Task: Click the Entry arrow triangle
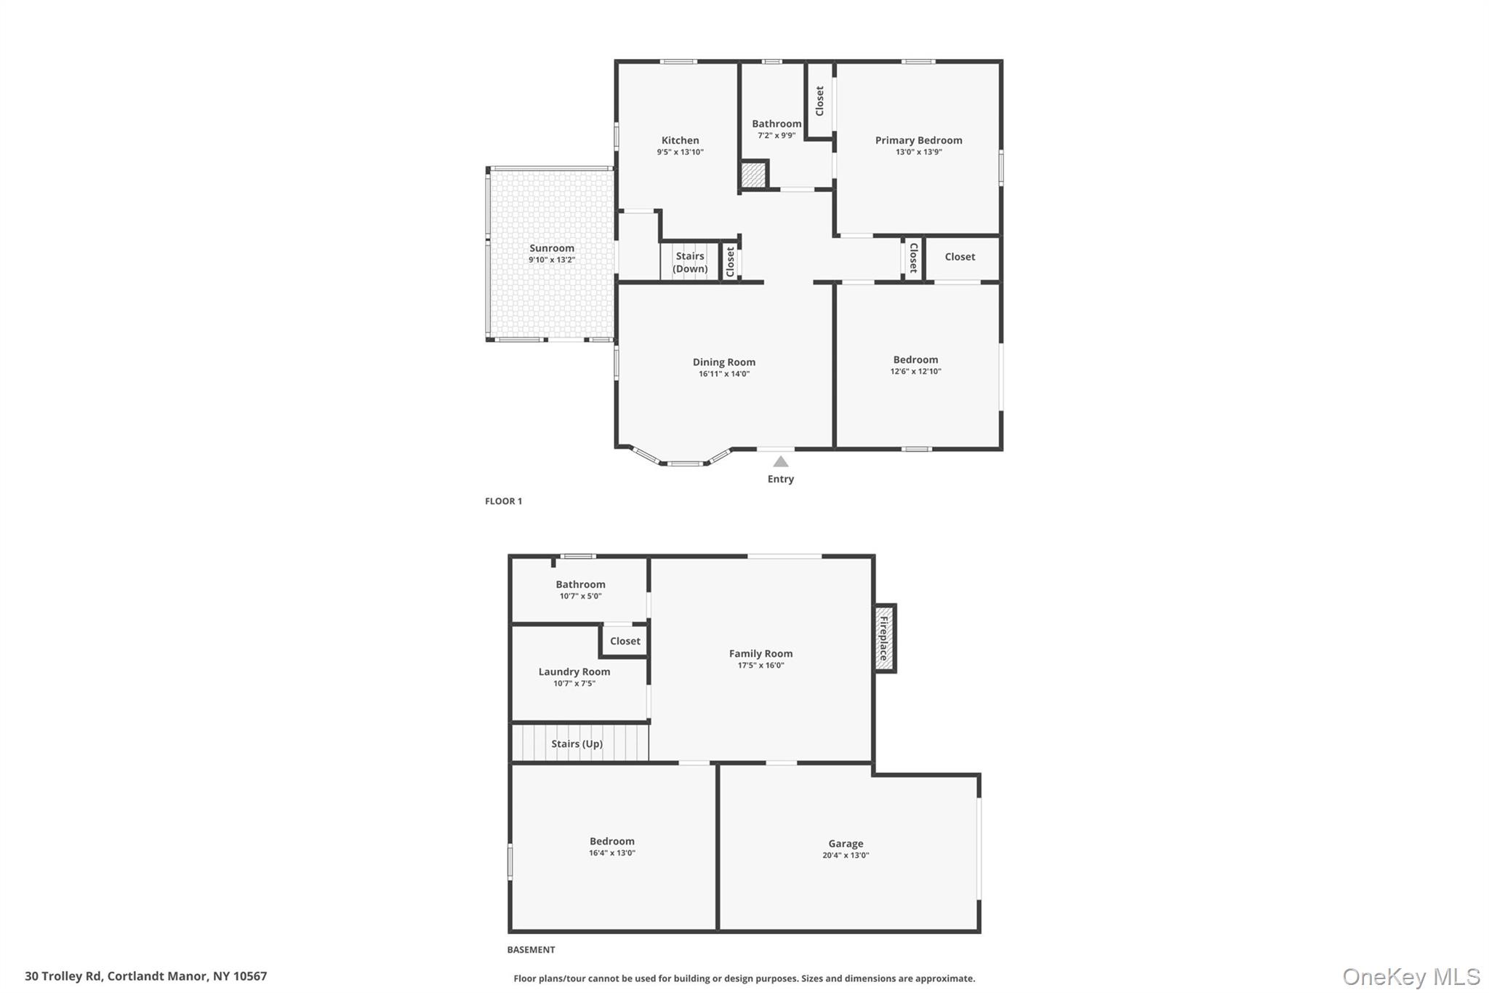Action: [x=780, y=462]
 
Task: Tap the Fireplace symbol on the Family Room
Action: [x=885, y=638]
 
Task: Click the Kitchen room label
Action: [x=680, y=140]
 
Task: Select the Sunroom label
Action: [x=552, y=248]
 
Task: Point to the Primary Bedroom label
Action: [x=918, y=140]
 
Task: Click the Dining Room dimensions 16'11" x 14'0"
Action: [x=724, y=374]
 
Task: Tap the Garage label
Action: [x=846, y=843]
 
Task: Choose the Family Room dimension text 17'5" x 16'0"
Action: [x=760, y=665]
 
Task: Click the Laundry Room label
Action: [x=574, y=671]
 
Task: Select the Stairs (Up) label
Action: [x=577, y=743]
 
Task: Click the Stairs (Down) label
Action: [x=690, y=262]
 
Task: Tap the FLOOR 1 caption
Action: [x=503, y=501]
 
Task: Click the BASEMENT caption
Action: [x=531, y=949]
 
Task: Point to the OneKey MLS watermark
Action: [x=1411, y=976]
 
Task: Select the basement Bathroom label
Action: [x=580, y=584]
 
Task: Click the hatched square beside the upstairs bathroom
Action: [x=753, y=175]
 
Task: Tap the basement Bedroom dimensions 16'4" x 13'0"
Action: [x=612, y=853]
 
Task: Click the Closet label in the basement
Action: [x=625, y=641]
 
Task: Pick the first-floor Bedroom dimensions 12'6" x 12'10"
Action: [x=915, y=371]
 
